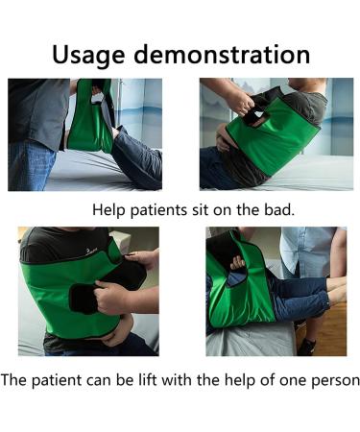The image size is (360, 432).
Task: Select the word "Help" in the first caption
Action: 109,208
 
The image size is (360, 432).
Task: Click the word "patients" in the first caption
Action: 162,208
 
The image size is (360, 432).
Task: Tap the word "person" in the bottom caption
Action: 333,380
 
